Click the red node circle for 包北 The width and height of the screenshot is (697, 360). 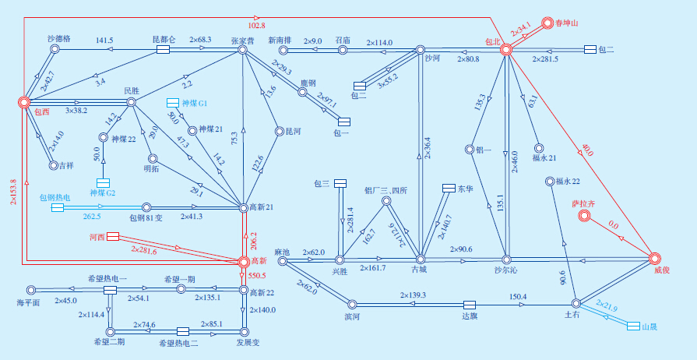click(x=506, y=49)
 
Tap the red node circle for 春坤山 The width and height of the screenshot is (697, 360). click(x=547, y=23)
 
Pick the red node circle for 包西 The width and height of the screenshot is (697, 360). click(x=24, y=101)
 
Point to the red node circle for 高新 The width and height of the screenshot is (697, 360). click(x=244, y=260)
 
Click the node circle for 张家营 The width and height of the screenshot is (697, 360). click(x=243, y=50)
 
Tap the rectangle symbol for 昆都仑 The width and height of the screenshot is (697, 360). click(x=163, y=50)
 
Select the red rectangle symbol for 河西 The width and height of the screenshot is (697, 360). click(x=112, y=235)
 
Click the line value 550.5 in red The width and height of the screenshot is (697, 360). click(x=257, y=275)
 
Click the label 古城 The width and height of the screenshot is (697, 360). click(x=419, y=270)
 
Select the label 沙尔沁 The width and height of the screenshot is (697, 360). click(x=507, y=270)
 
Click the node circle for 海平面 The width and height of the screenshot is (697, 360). click(x=32, y=290)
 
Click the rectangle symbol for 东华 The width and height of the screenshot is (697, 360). click(x=448, y=188)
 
